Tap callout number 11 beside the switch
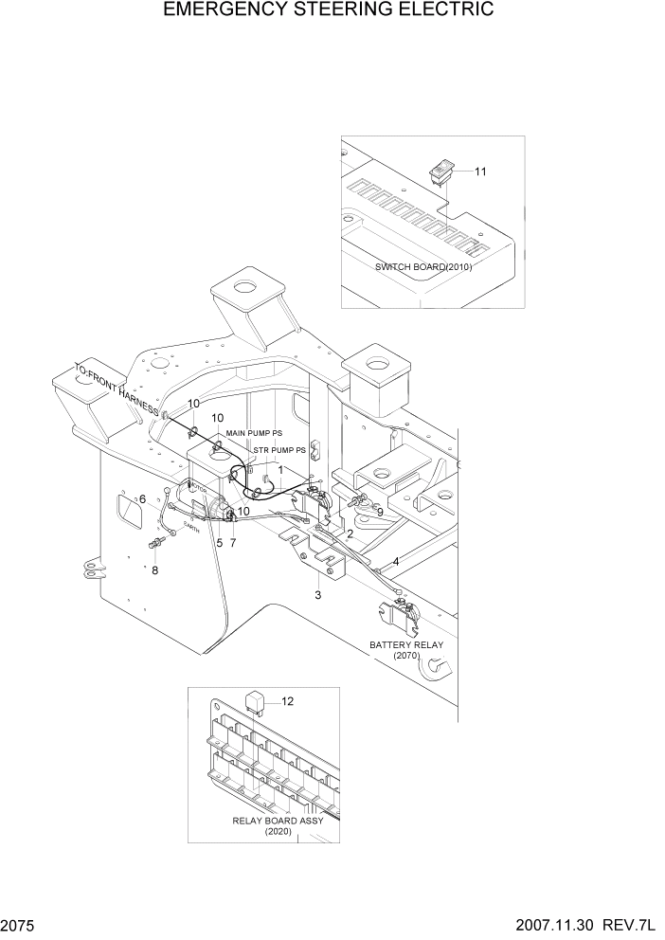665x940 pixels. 480,172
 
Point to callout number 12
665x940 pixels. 288,701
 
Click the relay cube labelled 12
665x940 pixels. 256,702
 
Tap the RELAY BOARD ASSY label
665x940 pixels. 278,821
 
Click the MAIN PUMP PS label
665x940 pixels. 254,433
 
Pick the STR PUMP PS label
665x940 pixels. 279,450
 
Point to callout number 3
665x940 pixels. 317,595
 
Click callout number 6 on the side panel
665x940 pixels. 142,499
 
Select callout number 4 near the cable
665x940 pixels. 395,561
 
